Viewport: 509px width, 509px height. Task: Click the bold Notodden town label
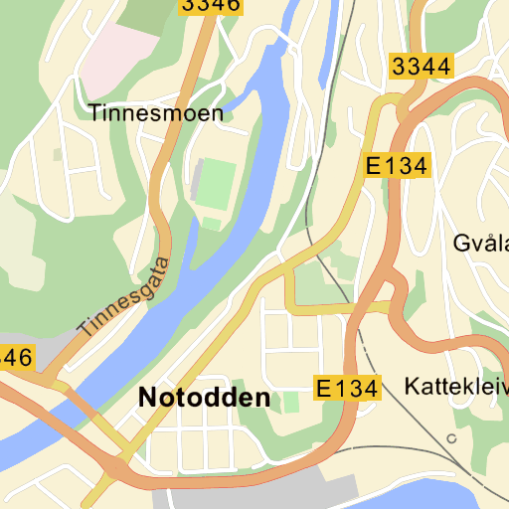[204, 399]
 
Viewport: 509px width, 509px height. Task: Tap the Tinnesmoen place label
[156, 113]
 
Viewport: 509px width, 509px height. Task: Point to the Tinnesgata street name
[125, 296]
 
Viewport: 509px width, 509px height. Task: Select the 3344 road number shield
[422, 68]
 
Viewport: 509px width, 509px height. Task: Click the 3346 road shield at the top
[211, 5]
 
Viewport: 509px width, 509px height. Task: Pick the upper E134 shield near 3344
[396, 167]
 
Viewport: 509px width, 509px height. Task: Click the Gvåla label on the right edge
[480, 244]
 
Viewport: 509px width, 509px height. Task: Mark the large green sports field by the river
[216, 181]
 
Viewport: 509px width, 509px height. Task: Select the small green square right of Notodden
[290, 402]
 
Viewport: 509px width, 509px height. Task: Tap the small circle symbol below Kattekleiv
[452, 438]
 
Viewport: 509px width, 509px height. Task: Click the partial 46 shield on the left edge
[17, 356]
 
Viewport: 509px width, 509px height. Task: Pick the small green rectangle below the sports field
[213, 223]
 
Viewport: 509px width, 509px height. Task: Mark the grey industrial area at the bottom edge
[298, 492]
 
